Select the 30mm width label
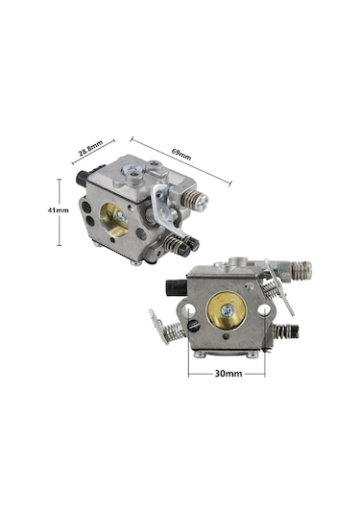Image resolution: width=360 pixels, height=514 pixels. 228,373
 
